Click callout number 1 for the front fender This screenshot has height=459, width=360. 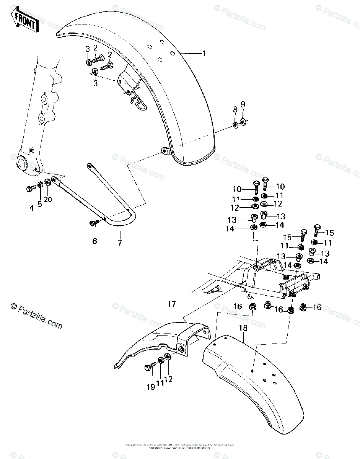204,54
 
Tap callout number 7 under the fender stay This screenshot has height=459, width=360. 120,243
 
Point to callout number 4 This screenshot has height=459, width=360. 32,208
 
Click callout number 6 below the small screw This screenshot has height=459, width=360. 94,241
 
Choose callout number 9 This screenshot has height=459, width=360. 243,105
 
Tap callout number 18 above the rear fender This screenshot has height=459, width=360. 243,328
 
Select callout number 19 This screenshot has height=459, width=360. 151,387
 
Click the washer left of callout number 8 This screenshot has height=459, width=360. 235,124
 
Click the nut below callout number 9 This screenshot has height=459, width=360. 243,122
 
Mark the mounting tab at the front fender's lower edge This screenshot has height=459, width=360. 165,151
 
